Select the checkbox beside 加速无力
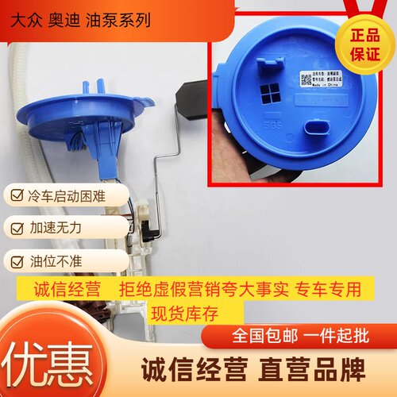(x=17, y=227)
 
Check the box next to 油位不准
(x=17, y=260)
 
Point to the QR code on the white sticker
(x=306, y=79)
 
